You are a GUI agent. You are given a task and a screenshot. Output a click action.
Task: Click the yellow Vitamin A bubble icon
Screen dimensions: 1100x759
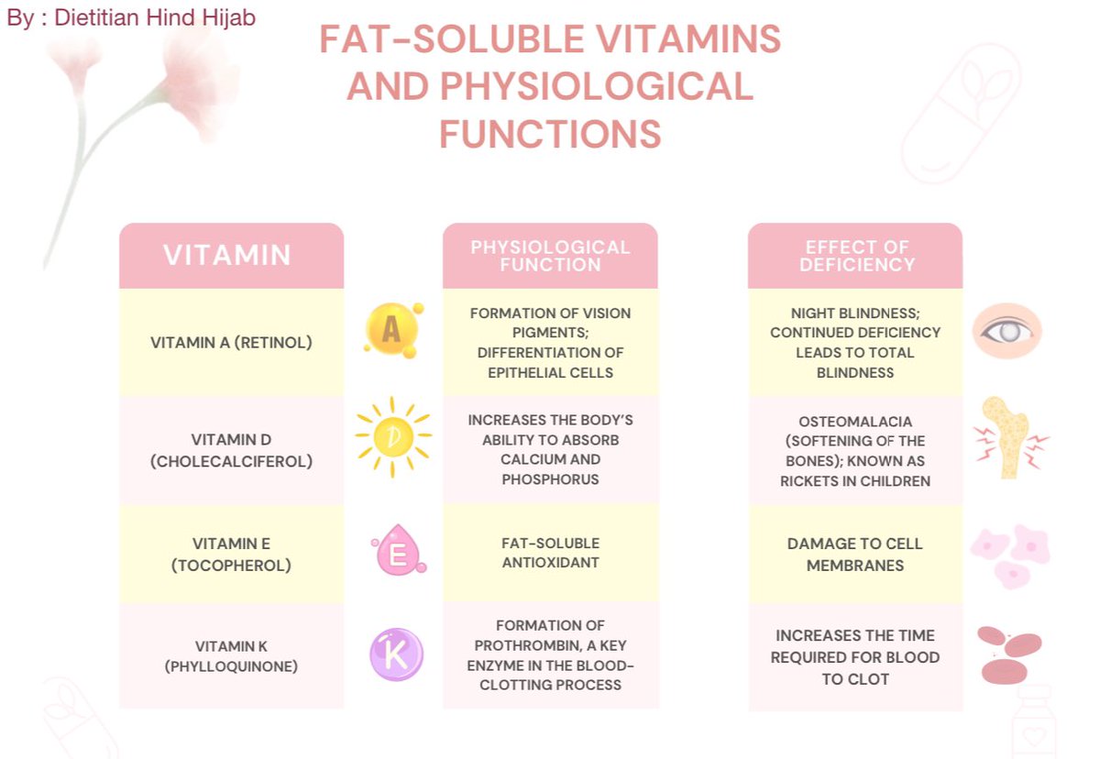pyautogui.click(x=393, y=330)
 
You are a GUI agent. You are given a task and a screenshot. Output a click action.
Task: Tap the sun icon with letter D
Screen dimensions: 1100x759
pyautogui.click(x=393, y=436)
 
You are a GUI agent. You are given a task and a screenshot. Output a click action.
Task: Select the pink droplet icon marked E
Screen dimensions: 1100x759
pyautogui.click(x=398, y=550)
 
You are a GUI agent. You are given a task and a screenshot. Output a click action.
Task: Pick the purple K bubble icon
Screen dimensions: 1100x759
pyautogui.click(x=396, y=654)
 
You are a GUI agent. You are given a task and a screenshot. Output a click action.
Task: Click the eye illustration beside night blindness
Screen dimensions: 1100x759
pyautogui.click(x=1007, y=331)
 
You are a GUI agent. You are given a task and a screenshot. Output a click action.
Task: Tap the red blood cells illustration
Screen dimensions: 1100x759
pyautogui.click(x=1008, y=655)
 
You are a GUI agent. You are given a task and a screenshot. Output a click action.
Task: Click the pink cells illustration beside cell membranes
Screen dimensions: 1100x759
pyautogui.click(x=1010, y=556)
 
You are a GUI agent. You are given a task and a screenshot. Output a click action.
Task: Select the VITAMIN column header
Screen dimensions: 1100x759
pyautogui.click(x=231, y=256)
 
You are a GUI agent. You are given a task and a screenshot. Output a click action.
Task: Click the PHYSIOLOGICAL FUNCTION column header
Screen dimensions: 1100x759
pyautogui.click(x=550, y=256)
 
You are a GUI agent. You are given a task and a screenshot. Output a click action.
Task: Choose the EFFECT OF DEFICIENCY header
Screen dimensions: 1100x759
pyautogui.click(x=855, y=256)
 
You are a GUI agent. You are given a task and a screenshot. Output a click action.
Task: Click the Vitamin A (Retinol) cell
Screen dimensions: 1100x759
pyautogui.click(x=231, y=342)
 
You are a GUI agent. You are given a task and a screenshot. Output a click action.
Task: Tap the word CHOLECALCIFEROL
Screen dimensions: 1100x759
pyautogui.click(x=231, y=461)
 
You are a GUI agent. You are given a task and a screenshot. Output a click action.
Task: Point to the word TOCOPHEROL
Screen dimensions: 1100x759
pyautogui.click(x=231, y=566)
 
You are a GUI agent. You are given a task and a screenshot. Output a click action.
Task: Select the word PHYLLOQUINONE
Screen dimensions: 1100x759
pyautogui.click(x=231, y=666)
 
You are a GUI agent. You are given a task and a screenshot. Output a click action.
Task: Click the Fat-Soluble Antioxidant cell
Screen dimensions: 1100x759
pyautogui.click(x=550, y=553)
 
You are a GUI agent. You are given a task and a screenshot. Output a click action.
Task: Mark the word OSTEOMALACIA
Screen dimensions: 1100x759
pyautogui.click(x=855, y=422)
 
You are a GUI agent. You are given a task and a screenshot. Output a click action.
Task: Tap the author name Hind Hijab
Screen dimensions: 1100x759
pyautogui.click(x=201, y=17)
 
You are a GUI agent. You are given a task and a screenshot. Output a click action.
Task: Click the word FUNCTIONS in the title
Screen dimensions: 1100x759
pyautogui.click(x=550, y=134)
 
